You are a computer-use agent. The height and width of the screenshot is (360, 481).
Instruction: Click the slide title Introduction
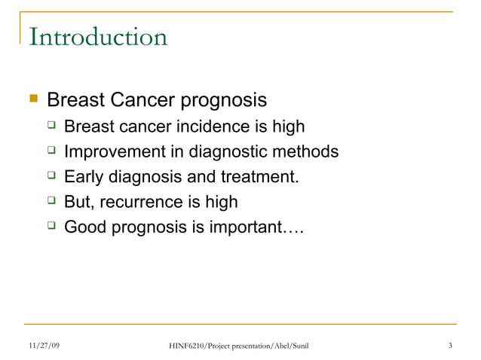pos(98,37)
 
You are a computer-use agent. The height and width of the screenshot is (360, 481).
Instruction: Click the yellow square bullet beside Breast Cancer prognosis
pos(32,99)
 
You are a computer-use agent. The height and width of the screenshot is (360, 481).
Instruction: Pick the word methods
pos(308,152)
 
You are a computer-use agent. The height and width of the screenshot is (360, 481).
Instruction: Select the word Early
pos(84,178)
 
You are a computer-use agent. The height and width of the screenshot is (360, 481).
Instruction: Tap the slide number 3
pos(449,346)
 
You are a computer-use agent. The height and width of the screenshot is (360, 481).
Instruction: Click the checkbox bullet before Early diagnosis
pos(51,177)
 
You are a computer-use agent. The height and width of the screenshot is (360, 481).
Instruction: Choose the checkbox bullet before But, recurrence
pos(51,201)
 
